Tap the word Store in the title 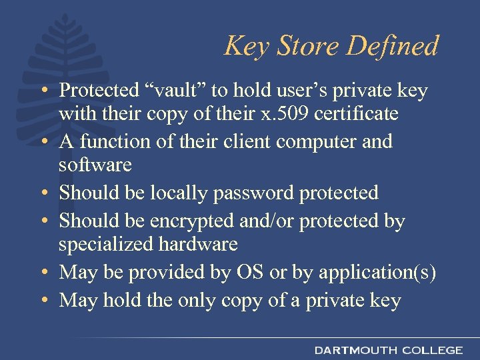(x=311, y=46)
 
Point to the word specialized (x=107, y=244)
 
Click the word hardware (x=198, y=244)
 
